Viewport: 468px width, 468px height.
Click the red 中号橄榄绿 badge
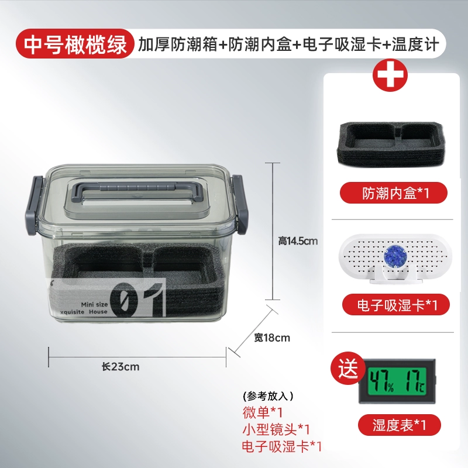75,43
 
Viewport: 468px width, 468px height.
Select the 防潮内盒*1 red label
393,193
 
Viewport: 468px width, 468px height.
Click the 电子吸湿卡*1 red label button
396,305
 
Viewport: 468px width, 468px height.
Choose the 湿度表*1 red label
400,425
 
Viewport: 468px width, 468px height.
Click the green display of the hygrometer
397,381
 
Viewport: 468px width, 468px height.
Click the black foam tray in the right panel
391,143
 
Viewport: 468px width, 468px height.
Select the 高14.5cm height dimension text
298,240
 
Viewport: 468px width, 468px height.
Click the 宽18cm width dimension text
272,338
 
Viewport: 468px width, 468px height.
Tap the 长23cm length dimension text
121,367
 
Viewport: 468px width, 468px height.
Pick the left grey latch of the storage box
35,205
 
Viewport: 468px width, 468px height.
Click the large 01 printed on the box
137,300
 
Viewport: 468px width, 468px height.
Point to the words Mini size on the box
94,304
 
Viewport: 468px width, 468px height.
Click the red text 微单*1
262,412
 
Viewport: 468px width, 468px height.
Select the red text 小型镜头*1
276,429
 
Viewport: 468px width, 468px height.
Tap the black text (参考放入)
268,396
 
